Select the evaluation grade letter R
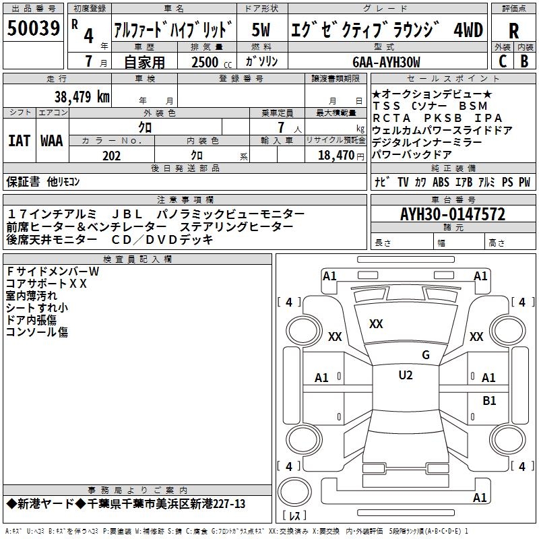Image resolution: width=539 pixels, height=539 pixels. coord(513,31)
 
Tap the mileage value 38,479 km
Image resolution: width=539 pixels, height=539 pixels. coord(82,96)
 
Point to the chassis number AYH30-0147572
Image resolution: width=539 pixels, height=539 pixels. coord(452,215)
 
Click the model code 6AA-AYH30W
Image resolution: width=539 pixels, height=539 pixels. coord(386,62)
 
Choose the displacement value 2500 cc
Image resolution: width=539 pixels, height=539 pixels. coord(207,62)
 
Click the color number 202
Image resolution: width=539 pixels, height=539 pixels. coord(111,156)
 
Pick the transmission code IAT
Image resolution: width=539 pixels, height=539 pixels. coord(19,141)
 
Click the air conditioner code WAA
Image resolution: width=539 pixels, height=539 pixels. coord(51,141)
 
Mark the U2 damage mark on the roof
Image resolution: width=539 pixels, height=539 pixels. coord(405,375)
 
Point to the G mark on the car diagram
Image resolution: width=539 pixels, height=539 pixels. coord(425,355)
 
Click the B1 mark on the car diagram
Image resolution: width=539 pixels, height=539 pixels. coord(489,400)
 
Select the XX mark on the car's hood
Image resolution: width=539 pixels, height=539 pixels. coord(376,324)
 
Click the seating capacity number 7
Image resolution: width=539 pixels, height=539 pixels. coord(278,127)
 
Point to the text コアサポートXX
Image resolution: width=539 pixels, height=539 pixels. coord(46,284)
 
